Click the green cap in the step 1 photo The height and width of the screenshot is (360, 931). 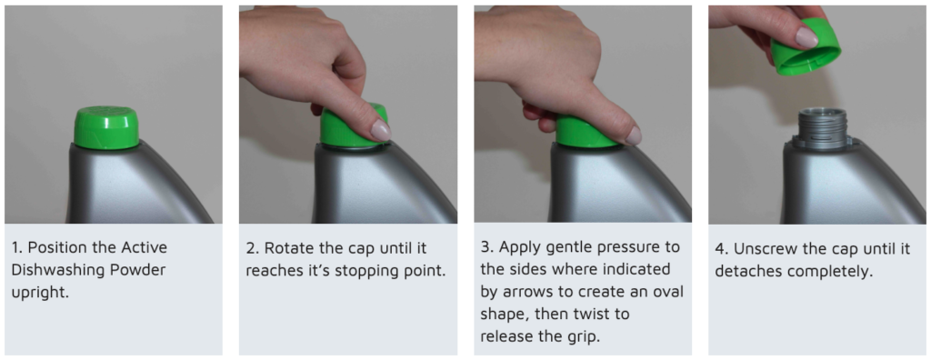tap(106, 127)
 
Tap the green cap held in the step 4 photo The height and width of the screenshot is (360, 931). tap(806, 47)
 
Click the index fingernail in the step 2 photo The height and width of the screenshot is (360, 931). tap(381, 130)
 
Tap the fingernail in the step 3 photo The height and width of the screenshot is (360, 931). tap(635, 135)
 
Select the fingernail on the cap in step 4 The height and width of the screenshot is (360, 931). tap(806, 37)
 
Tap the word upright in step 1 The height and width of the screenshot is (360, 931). tap(40, 293)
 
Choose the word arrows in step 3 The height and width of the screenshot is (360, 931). tap(526, 293)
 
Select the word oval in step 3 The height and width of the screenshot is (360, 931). tap(669, 292)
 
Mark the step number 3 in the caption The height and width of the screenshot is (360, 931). tap(485, 248)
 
